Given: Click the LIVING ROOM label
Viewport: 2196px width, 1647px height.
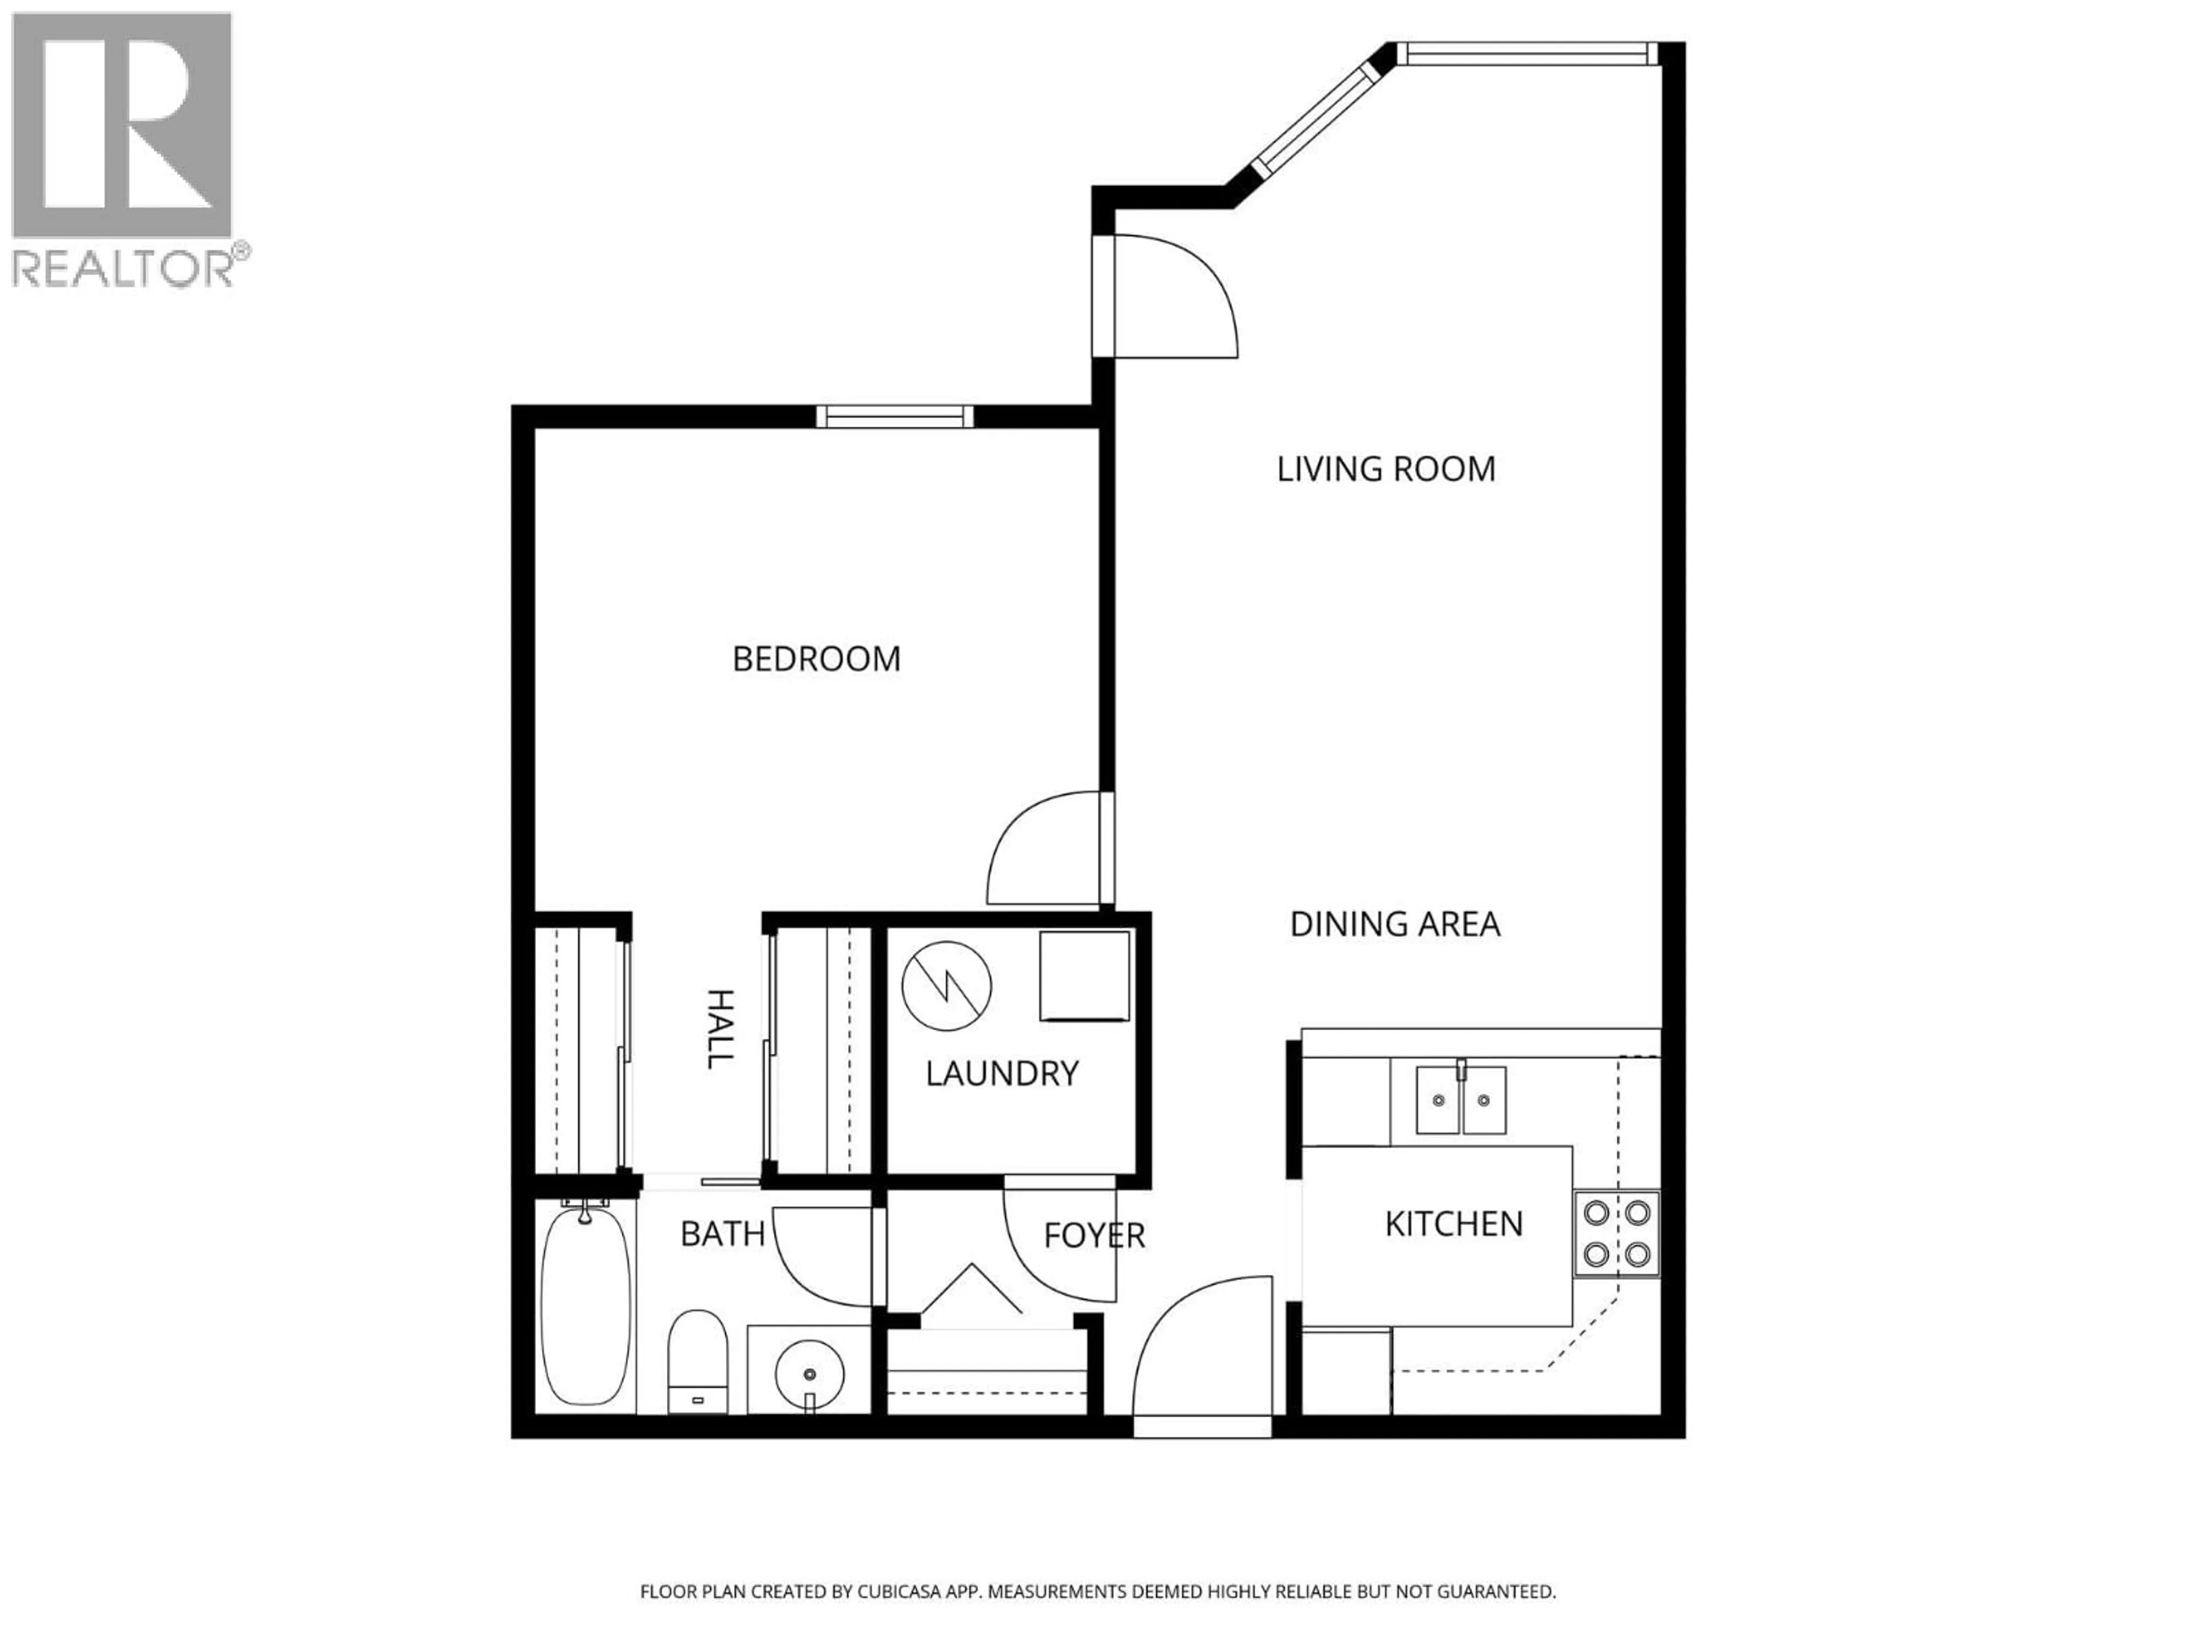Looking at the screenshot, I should point(1386,470).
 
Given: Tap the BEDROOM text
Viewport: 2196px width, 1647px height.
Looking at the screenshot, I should point(816,659).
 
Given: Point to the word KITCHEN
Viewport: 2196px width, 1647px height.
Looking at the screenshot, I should point(1453,1224).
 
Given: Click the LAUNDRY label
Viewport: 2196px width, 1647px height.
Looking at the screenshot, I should point(1002,1073).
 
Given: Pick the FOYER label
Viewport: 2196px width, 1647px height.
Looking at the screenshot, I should point(1094,1236).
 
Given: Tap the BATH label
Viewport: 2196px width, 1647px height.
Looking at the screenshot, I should point(722,1234).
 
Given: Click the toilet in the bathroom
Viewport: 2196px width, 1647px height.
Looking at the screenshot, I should point(698,1359).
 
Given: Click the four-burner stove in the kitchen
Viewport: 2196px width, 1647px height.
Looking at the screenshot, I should point(1616,1234).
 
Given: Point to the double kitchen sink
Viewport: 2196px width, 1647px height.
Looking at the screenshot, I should point(1461,1100).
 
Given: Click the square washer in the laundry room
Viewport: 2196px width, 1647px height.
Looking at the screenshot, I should point(1084,976).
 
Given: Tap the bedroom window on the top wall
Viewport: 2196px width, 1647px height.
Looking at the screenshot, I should point(894,417).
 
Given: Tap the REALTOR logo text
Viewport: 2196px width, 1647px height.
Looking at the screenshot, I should point(124,267).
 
